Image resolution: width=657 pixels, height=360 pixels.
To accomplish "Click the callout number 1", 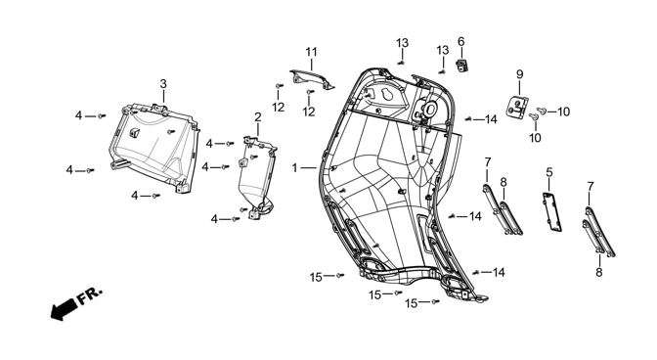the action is click(294, 168).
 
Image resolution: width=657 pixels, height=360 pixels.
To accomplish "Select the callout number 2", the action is click(258, 117).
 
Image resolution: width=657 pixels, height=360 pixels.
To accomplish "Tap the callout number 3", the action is click(163, 84).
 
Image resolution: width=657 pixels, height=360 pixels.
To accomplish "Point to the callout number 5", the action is click(549, 172).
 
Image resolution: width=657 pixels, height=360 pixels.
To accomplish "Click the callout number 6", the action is click(460, 41).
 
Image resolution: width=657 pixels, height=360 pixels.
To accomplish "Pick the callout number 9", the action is click(519, 74).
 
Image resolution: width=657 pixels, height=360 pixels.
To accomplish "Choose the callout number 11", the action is click(311, 52).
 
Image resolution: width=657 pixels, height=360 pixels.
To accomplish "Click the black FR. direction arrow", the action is click(64, 309).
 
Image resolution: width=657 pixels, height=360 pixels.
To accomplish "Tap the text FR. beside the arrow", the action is click(89, 295).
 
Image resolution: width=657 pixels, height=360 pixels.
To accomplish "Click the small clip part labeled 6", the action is click(461, 66).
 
